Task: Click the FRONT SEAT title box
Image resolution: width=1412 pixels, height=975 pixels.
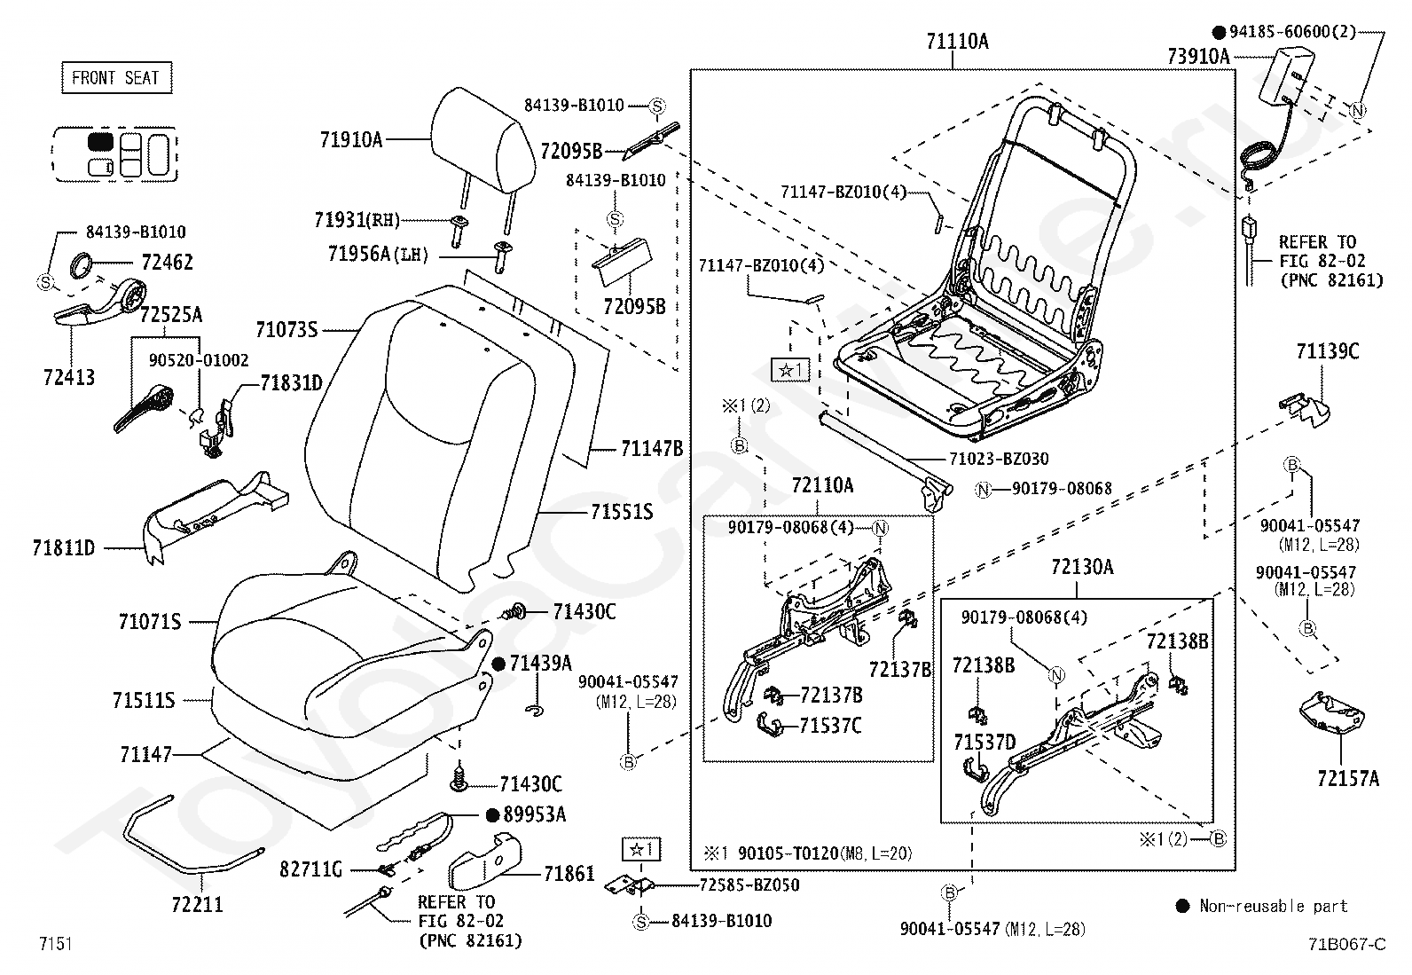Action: tap(116, 77)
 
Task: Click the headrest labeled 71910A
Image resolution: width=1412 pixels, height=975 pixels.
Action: tap(482, 141)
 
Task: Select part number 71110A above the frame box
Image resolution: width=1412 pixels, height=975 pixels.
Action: tap(957, 42)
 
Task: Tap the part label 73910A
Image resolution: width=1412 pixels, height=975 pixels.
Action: tap(1198, 57)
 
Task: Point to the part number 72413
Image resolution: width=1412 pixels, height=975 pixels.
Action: tap(68, 377)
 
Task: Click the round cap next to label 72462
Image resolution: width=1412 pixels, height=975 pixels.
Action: tap(82, 264)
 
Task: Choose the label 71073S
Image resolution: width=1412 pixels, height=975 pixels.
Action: tap(286, 329)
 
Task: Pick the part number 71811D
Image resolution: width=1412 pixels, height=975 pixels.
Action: tap(64, 547)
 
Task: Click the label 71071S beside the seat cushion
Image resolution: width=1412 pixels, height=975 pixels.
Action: tap(150, 622)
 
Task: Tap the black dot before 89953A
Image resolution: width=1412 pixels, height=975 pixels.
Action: tap(493, 814)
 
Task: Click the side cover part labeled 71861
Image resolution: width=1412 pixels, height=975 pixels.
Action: tap(485, 861)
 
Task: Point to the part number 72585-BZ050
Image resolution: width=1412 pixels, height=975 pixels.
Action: tap(749, 885)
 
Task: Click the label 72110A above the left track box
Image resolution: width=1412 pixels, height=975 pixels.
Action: tap(822, 485)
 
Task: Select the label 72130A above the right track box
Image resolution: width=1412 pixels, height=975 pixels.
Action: tap(1082, 567)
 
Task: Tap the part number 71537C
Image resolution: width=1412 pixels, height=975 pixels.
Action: tap(830, 726)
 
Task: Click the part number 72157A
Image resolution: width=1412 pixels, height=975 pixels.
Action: tap(1348, 779)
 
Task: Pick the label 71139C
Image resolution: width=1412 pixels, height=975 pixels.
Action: tap(1328, 351)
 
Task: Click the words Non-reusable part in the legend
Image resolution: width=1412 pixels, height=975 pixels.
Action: tap(1274, 907)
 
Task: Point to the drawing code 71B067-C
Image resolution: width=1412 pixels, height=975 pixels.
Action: tap(1347, 944)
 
